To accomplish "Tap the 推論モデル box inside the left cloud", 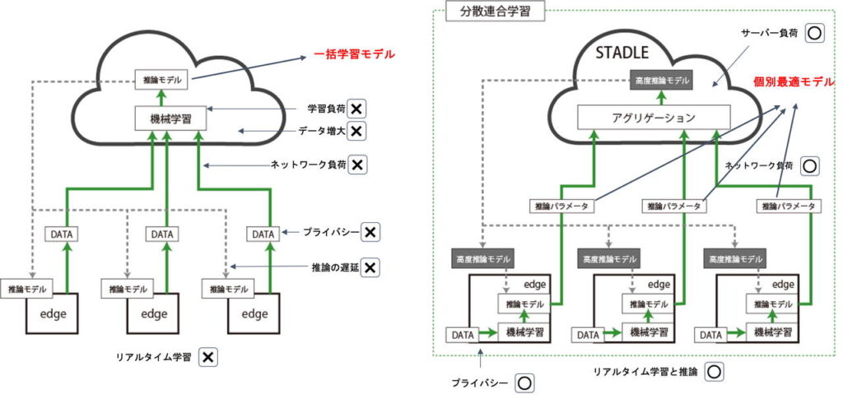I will (x=161, y=80).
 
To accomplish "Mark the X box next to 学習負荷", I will (x=356, y=109).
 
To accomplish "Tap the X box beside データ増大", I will (x=356, y=131).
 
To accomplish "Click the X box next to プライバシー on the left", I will (x=370, y=233).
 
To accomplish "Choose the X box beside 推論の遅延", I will (x=370, y=267).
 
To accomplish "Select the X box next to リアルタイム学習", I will (x=209, y=357).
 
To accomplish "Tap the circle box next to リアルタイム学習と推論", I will (x=714, y=371).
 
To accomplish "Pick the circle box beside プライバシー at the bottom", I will (x=524, y=382).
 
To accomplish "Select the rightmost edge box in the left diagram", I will (x=254, y=313).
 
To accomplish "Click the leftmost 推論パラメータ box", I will (x=560, y=206).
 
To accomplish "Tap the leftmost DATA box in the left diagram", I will (x=61, y=234).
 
